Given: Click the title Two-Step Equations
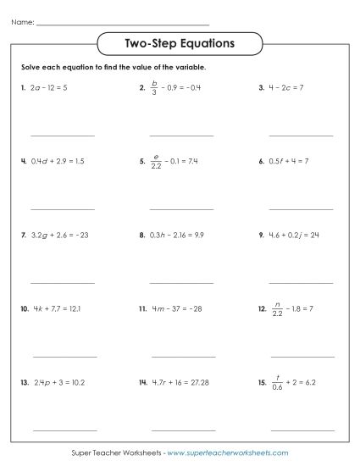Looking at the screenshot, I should [180, 42].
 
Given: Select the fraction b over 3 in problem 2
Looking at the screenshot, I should [155, 86].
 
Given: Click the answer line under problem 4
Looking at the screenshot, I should [63, 208].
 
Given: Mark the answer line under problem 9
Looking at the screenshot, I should [301, 281].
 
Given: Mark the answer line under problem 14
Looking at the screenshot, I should [182, 429].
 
